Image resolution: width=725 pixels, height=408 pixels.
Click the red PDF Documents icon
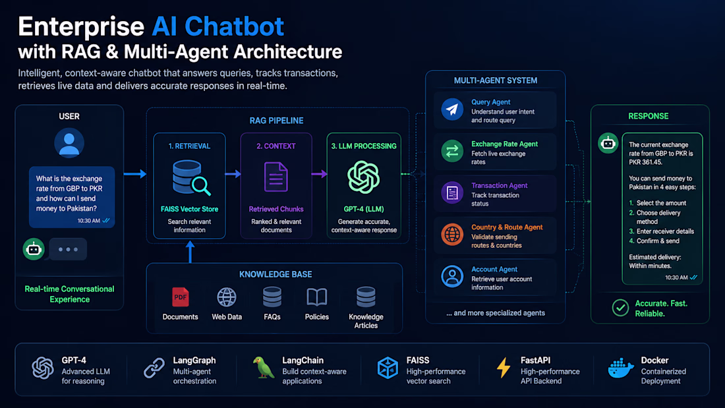click(181, 297)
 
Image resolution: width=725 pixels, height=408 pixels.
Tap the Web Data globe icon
click(227, 297)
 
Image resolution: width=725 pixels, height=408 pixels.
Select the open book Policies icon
click(317, 297)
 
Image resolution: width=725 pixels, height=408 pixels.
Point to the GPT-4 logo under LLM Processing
click(363, 177)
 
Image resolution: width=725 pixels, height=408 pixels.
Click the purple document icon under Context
click(276, 177)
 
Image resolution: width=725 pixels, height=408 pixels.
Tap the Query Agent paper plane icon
click(451, 109)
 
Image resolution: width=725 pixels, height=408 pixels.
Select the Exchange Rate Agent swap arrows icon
click(451, 151)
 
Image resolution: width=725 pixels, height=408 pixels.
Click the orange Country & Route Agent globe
click(451, 235)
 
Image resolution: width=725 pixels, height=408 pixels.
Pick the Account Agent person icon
click(451, 276)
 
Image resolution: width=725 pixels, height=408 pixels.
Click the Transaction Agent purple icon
click(451, 192)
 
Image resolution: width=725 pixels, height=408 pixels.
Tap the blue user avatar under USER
click(69, 143)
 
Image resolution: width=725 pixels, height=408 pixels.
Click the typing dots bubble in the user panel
click(68, 249)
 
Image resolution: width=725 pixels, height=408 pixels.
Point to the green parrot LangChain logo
click(264, 368)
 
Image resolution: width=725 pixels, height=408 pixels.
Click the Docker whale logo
click(620, 368)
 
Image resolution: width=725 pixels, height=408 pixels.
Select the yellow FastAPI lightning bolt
click(504, 368)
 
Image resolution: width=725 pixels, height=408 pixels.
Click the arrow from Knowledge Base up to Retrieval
click(190, 252)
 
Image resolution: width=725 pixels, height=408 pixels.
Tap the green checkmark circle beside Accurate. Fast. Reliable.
click(620, 308)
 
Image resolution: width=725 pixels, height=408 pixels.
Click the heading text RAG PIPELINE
click(277, 121)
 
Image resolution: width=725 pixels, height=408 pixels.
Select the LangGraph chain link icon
click(154, 368)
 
